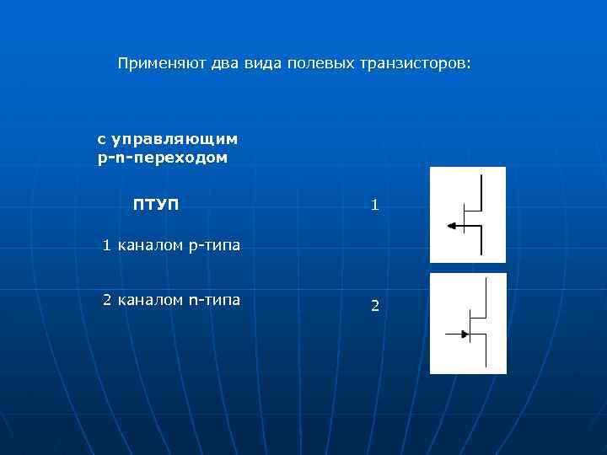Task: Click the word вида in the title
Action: pyautogui.click(x=261, y=63)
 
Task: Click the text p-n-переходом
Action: pyautogui.click(x=163, y=158)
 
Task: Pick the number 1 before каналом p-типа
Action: pyautogui.click(x=106, y=246)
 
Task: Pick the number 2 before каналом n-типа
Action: pyautogui.click(x=107, y=299)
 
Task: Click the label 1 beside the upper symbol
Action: pyautogui.click(x=375, y=205)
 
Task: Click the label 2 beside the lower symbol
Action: pyautogui.click(x=375, y=307)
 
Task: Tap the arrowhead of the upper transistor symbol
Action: pyautogui.click(x=452, y=226)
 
